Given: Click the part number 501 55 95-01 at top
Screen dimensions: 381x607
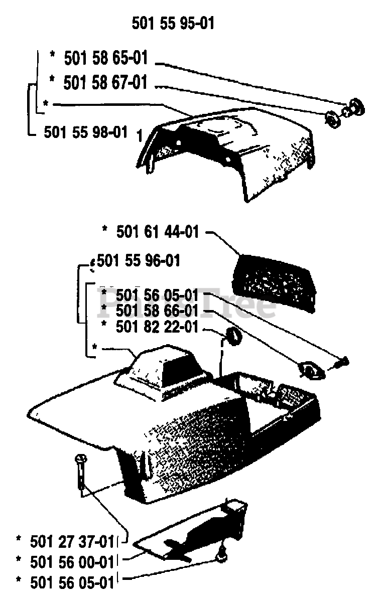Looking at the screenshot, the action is click(173, 23).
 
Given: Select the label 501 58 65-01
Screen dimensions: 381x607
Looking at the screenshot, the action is click(106, 58).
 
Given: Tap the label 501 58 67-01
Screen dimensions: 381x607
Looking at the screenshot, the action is click(106, 82).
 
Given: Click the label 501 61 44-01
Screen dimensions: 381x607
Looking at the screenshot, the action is click(158, 232).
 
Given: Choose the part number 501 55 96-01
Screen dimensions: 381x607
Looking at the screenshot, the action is click(139, 261).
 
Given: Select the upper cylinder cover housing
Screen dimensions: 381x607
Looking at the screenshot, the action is click(226, 150).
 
